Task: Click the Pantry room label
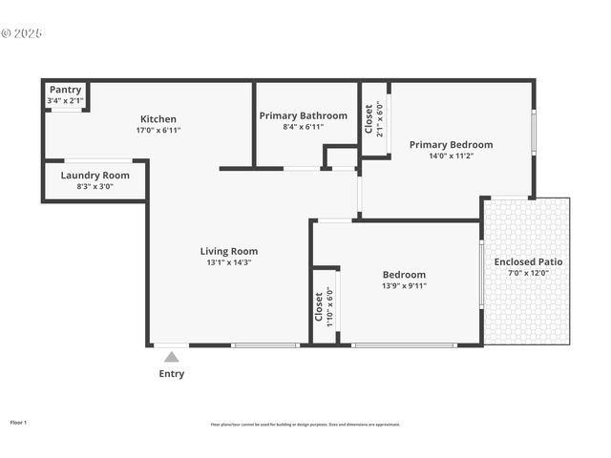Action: click(x=66, y=90)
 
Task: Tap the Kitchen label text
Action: click(x=158, y=119)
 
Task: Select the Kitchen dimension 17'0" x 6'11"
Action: click(x=158, y=131)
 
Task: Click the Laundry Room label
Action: click(x=95, y=176)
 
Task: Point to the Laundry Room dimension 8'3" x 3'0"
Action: click(x=95, y=187)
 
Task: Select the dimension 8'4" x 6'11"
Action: click(x=303, y=127)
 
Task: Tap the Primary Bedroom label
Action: click(x=451, y=145)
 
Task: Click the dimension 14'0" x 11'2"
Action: click(x=451, y=156)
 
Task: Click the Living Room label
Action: click(x=229, y=252)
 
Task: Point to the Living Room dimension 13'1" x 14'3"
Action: click(x=229, y=263)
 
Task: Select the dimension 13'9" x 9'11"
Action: click(x=403, y=285)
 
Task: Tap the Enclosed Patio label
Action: click(x=528, y=261)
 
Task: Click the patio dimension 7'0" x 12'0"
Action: click(x=528, y=273)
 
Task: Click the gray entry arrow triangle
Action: click(x=171, y=358)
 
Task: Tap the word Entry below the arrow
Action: click(x=172, y=374)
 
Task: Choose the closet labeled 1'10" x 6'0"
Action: click(x=325, y=304)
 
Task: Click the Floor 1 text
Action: click(x=18, y=421)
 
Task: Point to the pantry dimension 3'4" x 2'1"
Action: click(x=66, y=100)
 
